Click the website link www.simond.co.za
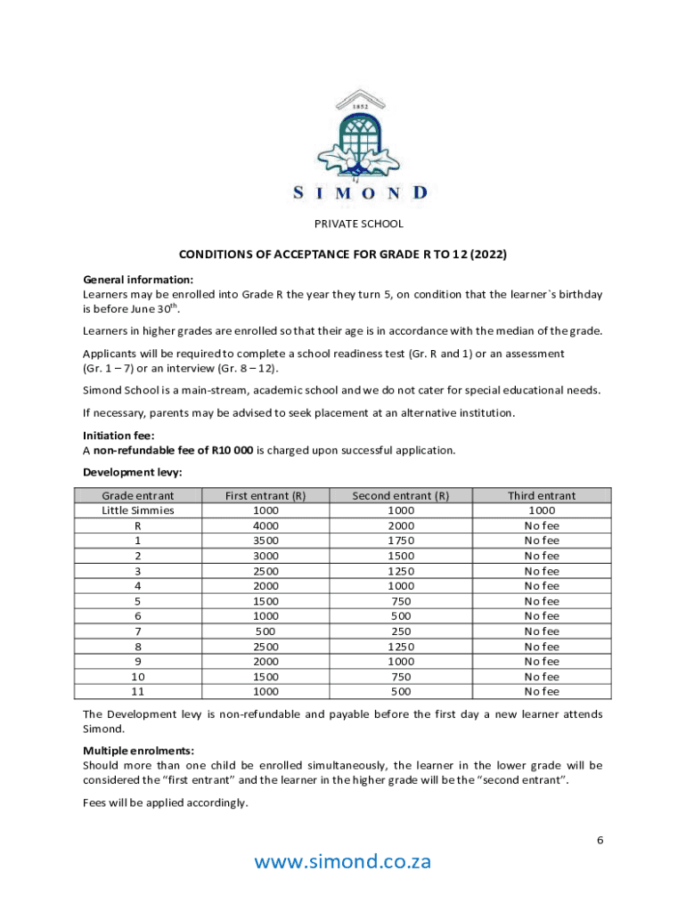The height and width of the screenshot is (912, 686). [343, 861]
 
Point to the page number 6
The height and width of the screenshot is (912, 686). [600, 840]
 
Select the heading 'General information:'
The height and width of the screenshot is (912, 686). [138, 279]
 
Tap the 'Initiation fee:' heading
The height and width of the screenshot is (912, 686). [118, 436]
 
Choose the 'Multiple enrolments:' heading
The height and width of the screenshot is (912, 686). [139, 751]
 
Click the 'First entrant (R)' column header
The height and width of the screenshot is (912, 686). [265, 495]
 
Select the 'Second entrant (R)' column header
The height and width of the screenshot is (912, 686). [400, 495]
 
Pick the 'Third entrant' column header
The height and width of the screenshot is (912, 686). [542, 495]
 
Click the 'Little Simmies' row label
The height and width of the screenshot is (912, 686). [138, 510]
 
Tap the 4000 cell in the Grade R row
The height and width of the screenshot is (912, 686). [265, 525]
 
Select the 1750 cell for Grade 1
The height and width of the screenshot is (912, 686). [400, 541]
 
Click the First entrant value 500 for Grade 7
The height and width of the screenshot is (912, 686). [265, 631]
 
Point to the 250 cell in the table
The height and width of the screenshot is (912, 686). [400, 631]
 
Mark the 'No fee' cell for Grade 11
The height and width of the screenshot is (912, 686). [542, 691]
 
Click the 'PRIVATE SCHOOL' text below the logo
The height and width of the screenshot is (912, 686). [359, 224]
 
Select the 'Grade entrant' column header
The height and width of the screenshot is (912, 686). [138, 495]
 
